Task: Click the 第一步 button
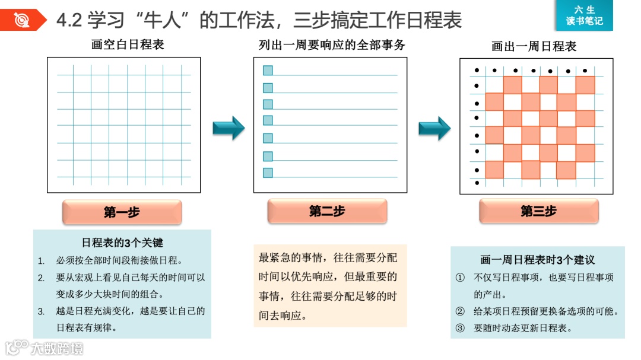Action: (122, 212)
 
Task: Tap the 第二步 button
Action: (327, 211)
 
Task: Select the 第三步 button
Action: (538, 211)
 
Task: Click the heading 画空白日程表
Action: (128, 44)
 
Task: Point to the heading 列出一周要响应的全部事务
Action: (332, 45)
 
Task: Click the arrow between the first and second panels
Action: (229, 128)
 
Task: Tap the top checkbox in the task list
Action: (268, 71)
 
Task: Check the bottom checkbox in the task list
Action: (268, 173)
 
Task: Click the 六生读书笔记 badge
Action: (584, 16)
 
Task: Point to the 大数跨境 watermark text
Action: (57, 348)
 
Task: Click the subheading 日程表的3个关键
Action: (122, 243)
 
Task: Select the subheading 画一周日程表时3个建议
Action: (537, 260)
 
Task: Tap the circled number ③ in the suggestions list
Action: (460, 328)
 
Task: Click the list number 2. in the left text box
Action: (41, 278)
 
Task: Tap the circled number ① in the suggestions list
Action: (460, 278)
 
